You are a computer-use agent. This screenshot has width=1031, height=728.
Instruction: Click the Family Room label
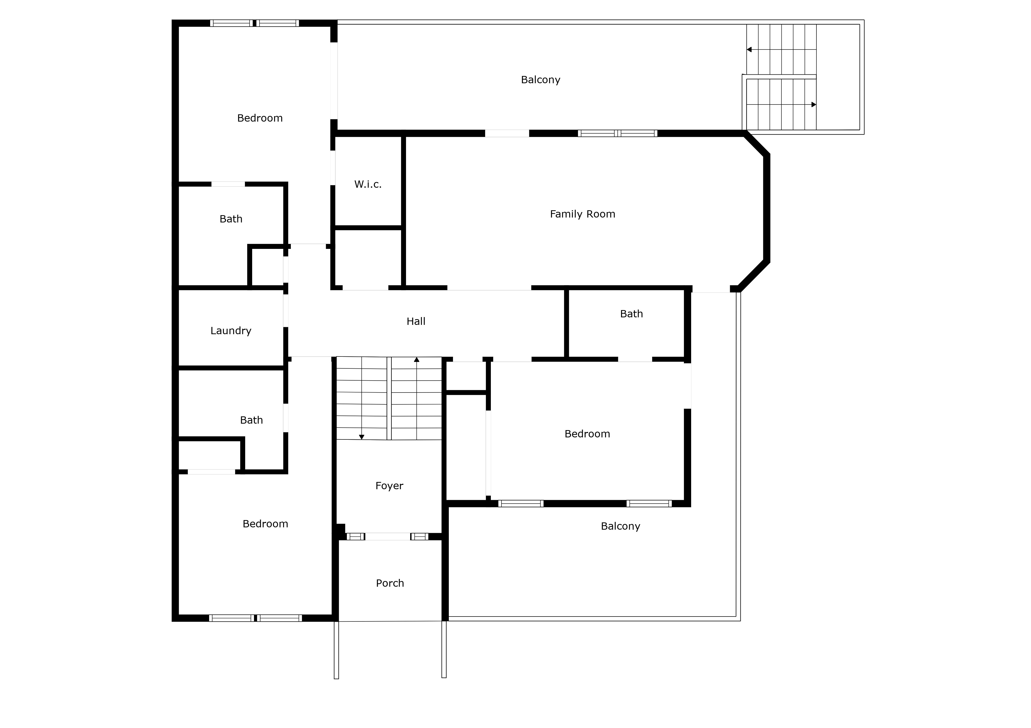(x=582, y=214)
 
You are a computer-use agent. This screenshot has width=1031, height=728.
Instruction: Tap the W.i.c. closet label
(x=368, y=184)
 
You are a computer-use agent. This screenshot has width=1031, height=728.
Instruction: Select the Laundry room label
(x=231, y=331)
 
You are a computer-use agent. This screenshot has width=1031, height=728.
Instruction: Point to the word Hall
(x=416, y=321)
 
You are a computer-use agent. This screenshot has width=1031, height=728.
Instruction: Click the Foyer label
(x=389, y=486)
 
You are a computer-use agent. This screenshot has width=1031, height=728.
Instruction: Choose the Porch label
(x=390, y=583)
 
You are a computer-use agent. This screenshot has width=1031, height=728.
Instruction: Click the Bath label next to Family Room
(x=631, y=314)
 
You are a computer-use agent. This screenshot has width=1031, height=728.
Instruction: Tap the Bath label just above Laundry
(x=231, y=219)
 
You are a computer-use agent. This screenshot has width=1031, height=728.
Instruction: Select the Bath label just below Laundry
(x=251, y=420)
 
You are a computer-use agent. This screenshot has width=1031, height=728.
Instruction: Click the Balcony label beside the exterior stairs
(x=541, y=80)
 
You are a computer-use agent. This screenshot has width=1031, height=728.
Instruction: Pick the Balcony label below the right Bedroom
(x=621, y=526)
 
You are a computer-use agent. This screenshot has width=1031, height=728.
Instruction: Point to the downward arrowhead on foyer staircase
(x=361, y=437)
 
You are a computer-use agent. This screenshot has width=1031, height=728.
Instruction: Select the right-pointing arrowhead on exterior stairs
(x=814, y=104)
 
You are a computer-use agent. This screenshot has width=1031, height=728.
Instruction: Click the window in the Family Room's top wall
(x=617, y=133)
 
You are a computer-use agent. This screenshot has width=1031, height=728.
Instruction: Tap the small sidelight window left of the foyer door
(x=355, y=536)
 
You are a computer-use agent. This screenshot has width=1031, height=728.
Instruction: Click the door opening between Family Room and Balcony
(x=507, y=133)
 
